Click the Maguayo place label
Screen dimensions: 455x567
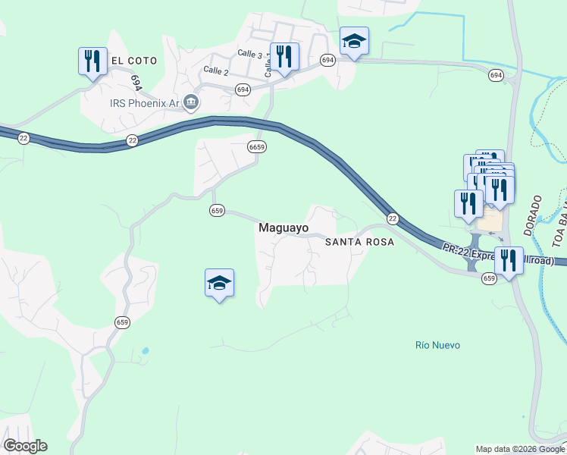pos(283,227)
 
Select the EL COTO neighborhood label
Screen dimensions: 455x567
pos(134,60)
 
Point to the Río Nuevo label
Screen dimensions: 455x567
pos(437,345)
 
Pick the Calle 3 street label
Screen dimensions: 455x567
pos(249,54)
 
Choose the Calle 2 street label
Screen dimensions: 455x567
pos(215,71)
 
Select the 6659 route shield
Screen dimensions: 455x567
pos(256,147)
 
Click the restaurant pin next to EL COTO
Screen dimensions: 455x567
pos(92,60)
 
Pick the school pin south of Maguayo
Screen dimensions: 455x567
pos(219,283)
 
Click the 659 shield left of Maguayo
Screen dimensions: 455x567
pos(218,211)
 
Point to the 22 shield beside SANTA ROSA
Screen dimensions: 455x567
pos(392,218)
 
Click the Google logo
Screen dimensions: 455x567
pos(25,446)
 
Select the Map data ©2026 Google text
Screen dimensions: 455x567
pos(520,449)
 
